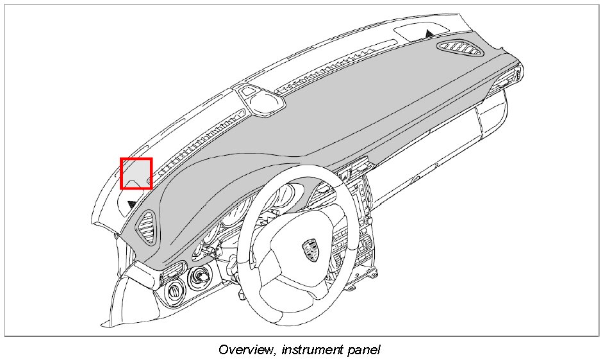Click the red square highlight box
pos(136,174)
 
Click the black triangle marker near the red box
pos(132,204)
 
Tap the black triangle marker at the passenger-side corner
pos(428,30)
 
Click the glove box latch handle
pos(417,177)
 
